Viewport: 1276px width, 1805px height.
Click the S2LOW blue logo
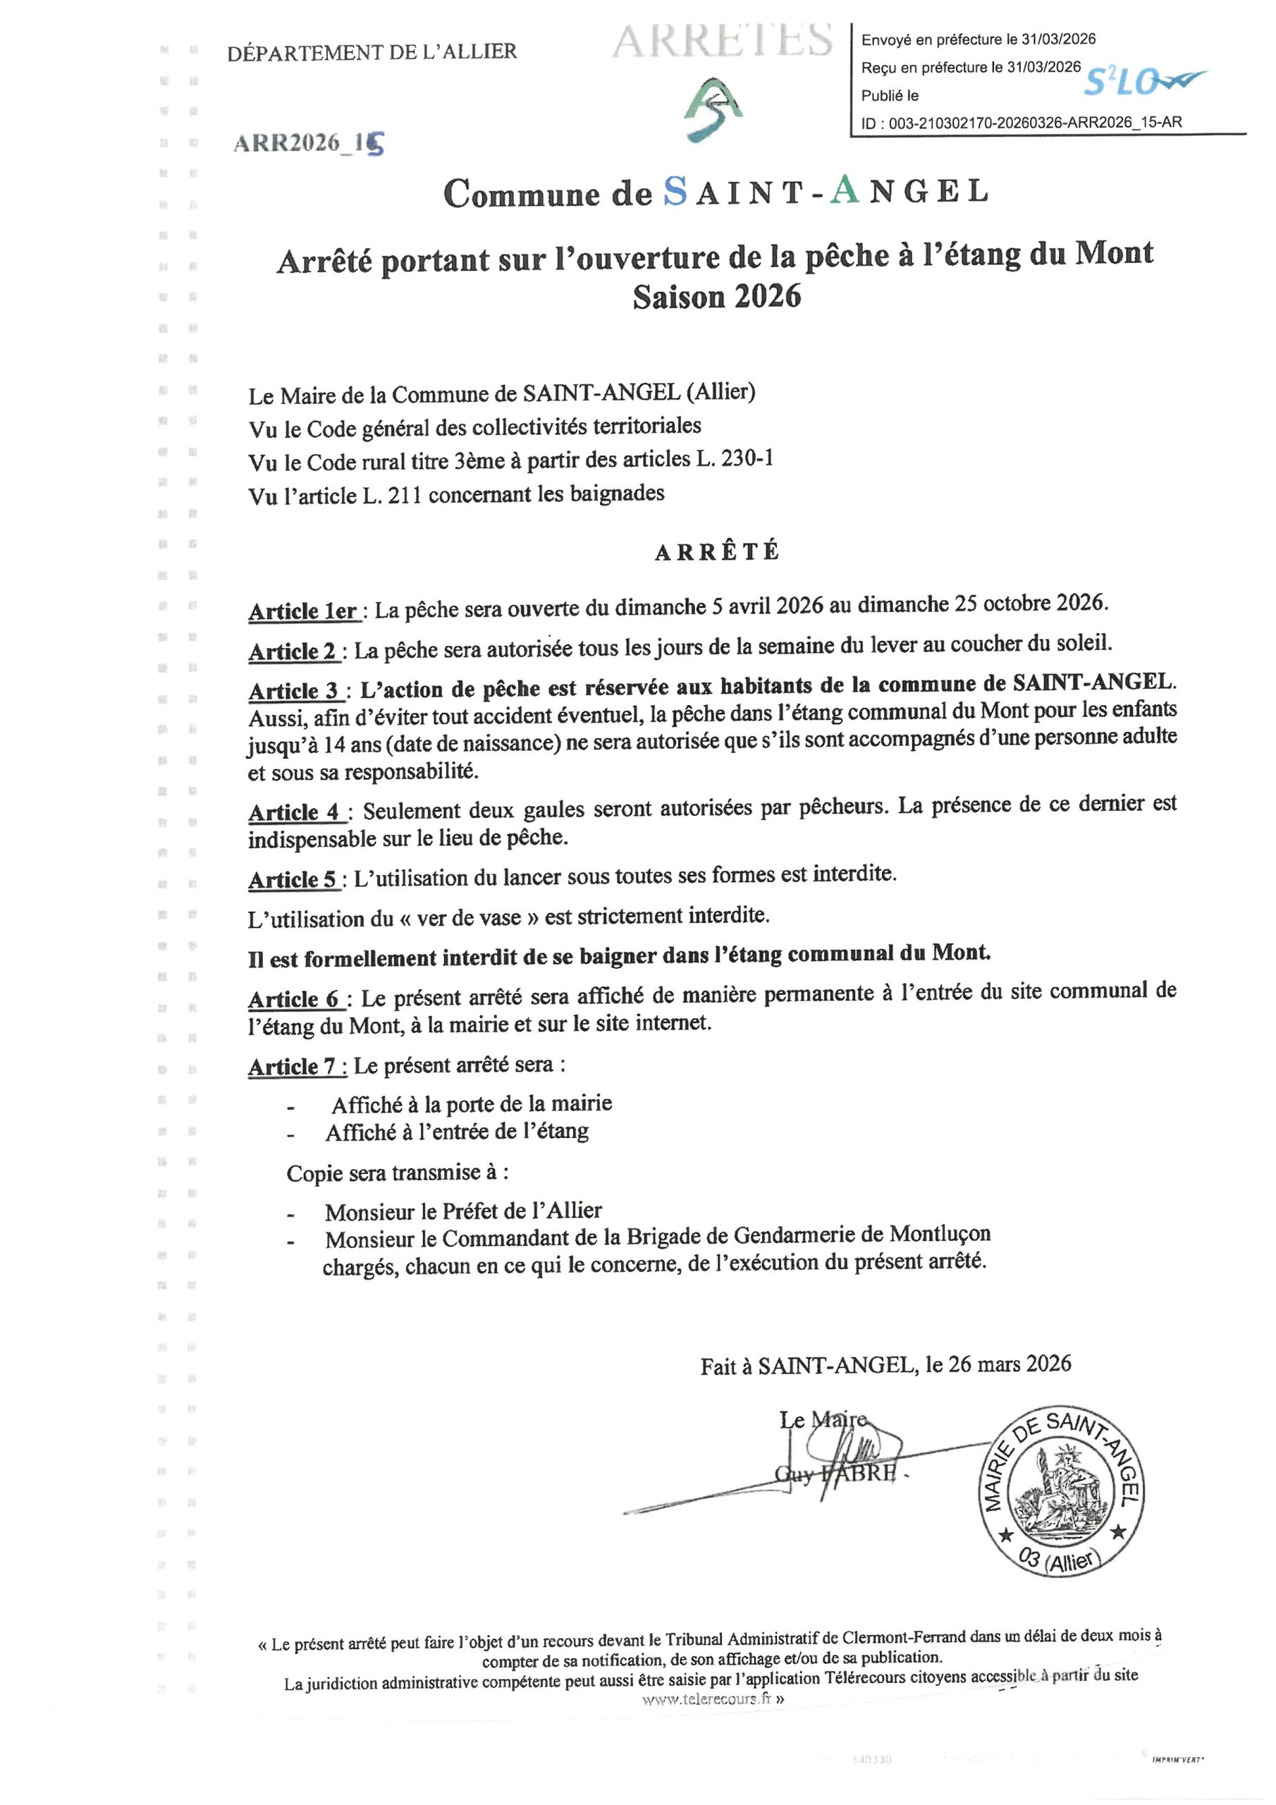pyautogui.click(x=1144, y=81)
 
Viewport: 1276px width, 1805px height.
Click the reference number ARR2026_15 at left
pyautogui.click(x=309, y=143)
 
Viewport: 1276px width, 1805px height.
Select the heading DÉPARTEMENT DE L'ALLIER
pyautogui.click(x=372, y=53)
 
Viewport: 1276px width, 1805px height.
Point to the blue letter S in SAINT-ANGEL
pyautogui.click(x=675, y=191)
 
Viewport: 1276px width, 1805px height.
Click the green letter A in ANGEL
pyautogui.click(x=845, y=190)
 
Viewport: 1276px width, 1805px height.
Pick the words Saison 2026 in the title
pyautogui.click(x=716, y=297)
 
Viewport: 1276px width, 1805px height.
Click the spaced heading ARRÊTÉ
pyautogui.click(x=717, y=552)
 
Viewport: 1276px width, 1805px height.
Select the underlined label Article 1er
pyautogui.click(x=303, y=611)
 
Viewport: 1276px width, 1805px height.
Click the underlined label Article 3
pyautogui.click(x=294, y=690)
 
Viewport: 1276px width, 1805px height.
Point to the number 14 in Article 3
pyautogui.click(x=335, y=744)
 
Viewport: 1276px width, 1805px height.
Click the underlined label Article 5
pyautogui.click(x=293, y=880)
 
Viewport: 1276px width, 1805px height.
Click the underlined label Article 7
pyautogui.click(x=293, y=1067)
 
